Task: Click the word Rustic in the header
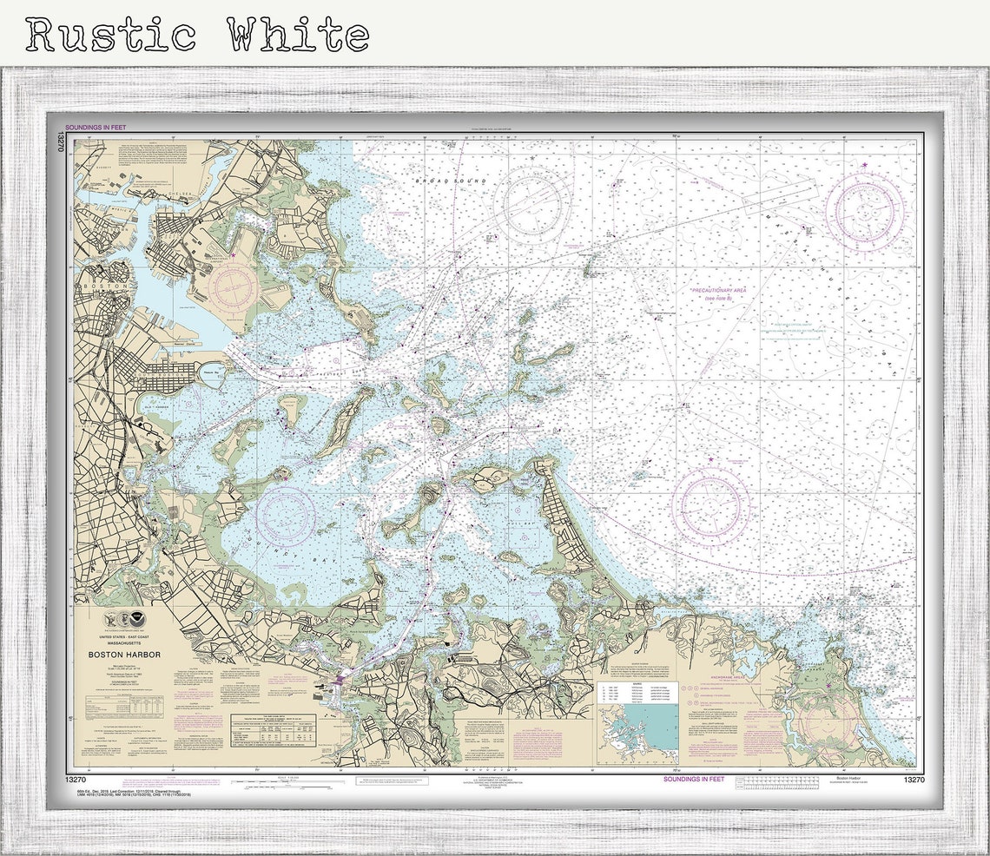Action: (111, 36)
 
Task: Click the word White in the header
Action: (298, 36)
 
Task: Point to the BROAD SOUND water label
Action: (451, 181)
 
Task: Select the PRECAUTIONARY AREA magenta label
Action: (718, 291)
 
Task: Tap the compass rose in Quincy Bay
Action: (285, 516)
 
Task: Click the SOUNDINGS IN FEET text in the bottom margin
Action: (693, 780)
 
